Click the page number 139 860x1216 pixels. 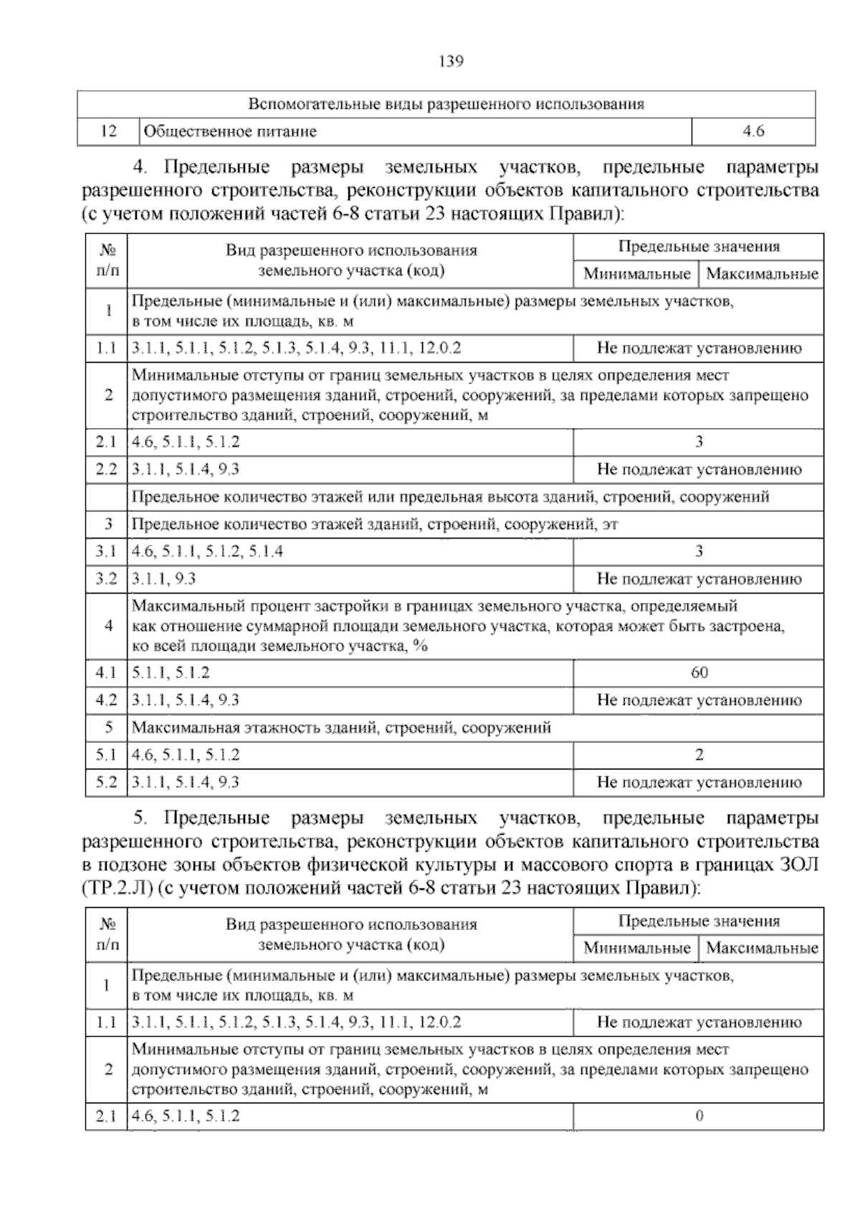tap(451, 61)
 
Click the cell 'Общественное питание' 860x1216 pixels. tap(230, 132)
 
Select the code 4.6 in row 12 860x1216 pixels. tap(753, 132)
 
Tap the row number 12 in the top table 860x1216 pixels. tap(108, 132)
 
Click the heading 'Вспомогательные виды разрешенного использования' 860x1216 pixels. tap(446, 105)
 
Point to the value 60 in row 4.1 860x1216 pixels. tap(699, 673)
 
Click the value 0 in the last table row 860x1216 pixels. tap(699, 1116)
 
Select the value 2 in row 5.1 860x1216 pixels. tap(699, 755)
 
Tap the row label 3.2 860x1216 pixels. tap(106, 579)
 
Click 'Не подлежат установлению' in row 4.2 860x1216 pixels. tap(699, 700)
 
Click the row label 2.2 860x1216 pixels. tap(106, 470)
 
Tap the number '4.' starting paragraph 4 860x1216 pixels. tap(141, 168)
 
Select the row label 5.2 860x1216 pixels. tap(106, 783)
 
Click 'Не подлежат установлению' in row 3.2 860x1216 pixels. tap(699, 579)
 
